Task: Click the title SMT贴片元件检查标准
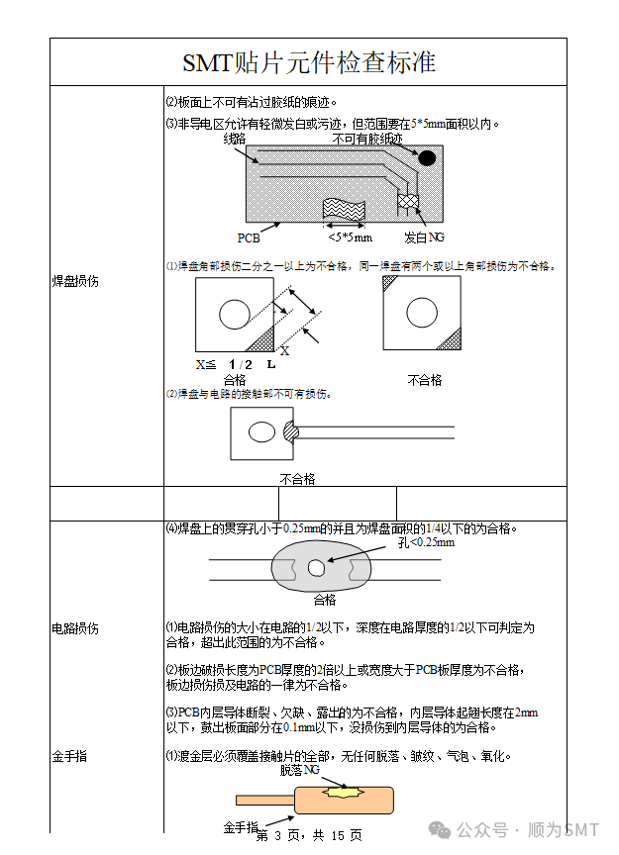point(309,62)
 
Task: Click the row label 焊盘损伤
point(75,281)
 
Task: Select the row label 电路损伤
point(75,628)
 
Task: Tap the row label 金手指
point(69,756)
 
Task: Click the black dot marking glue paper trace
point(427,157)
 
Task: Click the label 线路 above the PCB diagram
point(235,140)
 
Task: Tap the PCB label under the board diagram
point(249,237)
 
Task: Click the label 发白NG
point(424,237)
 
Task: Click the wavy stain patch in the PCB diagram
point(344,209)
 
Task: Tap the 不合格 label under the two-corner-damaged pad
point(425,380)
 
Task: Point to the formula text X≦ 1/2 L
point(236,365)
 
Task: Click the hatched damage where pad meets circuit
point(290,432)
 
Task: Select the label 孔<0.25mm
point(427,542)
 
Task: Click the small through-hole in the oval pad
point(316,568)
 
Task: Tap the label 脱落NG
point(300,770)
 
